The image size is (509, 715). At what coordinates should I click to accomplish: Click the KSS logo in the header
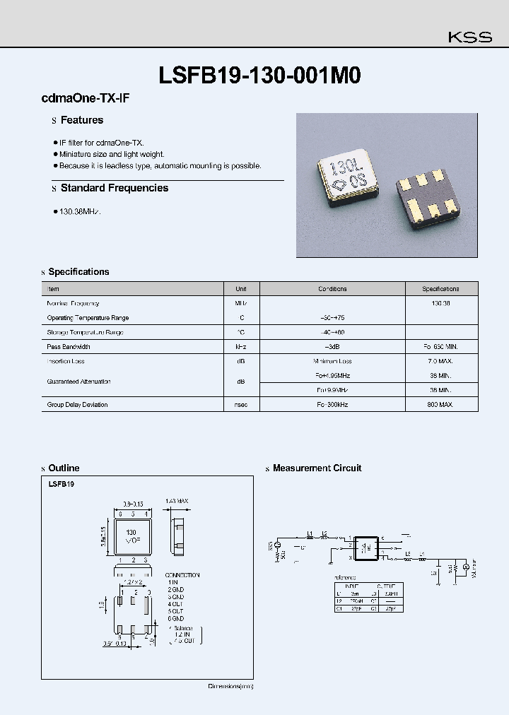pos(470,37)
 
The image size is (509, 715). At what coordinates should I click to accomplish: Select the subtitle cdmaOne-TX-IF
pos(86,100)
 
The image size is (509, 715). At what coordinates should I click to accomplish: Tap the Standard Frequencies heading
pos(114,188)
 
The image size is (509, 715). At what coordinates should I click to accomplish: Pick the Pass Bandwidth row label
pos(69,347)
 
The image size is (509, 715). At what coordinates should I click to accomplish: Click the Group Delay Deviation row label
pos(77,405)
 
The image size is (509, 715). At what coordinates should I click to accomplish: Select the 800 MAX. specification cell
pos(441,405)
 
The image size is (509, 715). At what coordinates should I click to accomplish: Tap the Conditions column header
pos(332,289)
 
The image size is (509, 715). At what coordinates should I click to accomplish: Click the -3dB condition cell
pos(332,347)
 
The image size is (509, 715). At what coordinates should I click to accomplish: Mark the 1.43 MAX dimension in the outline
pos(177,501)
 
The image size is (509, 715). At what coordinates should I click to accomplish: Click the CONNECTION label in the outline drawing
pos(182,575)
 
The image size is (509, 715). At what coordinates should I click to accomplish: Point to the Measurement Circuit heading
pos(317,468)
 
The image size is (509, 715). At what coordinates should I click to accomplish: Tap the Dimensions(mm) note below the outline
pos(230,686)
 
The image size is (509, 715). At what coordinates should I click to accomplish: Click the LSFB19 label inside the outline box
pos(62,485)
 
